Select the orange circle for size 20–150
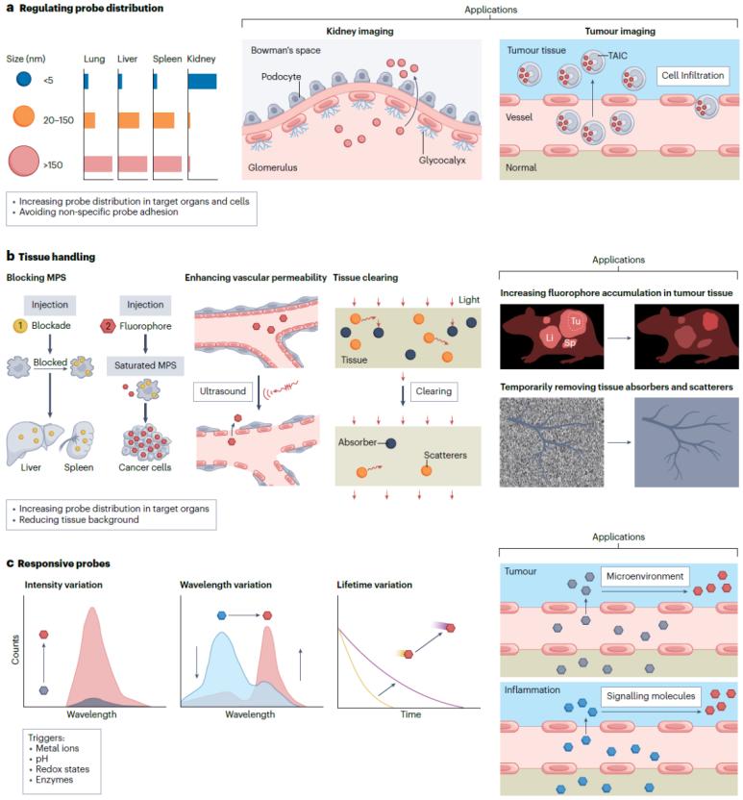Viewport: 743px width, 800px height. coord(23,119)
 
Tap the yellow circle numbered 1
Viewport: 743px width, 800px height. coord(18,325)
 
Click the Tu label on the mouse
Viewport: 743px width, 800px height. coord(575,320)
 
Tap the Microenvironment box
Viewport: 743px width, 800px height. coord(643,577)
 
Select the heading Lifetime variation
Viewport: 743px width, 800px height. coord(375,584)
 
